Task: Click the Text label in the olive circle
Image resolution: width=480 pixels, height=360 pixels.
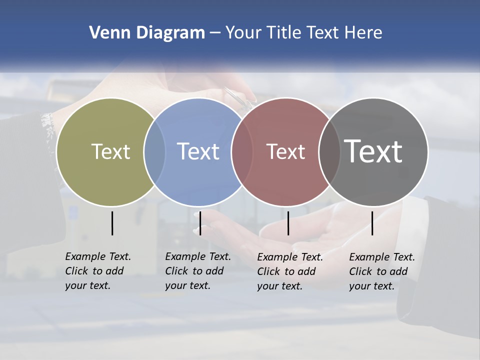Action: point(110,151)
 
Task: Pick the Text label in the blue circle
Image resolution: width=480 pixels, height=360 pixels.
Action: point(198,151)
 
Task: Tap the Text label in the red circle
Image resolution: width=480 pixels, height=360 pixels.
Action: point(285,151)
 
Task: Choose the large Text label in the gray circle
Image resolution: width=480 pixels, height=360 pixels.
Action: point(373,151)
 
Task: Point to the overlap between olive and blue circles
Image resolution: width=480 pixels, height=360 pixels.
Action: point(154,151)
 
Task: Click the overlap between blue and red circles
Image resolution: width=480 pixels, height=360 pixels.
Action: point(241,151)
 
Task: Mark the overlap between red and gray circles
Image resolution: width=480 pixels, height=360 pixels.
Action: point(329,151)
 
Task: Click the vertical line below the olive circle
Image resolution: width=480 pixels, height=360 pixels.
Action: point(112,223)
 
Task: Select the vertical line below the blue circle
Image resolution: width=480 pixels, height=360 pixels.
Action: point(200,223)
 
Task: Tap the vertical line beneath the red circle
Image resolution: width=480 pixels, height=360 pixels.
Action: point(288,223)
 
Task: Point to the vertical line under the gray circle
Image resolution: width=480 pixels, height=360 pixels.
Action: point(372,223)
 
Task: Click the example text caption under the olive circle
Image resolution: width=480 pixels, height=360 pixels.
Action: point(98,271)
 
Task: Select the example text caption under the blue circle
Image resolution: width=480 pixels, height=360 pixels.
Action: point(198,271)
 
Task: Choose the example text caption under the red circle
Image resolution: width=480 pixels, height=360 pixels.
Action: point(290,271)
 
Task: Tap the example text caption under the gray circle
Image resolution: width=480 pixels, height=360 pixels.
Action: point(382,271)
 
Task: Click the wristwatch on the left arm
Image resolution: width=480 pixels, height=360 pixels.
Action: point(48,125)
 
